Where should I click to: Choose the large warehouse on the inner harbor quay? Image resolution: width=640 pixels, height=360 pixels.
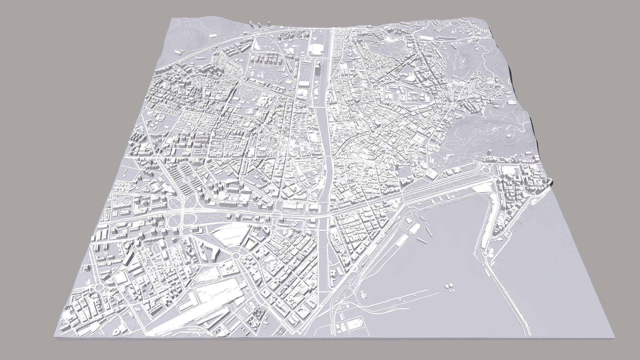point(415,228)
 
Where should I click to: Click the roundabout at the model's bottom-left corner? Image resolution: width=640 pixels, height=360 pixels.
point(99,287)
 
